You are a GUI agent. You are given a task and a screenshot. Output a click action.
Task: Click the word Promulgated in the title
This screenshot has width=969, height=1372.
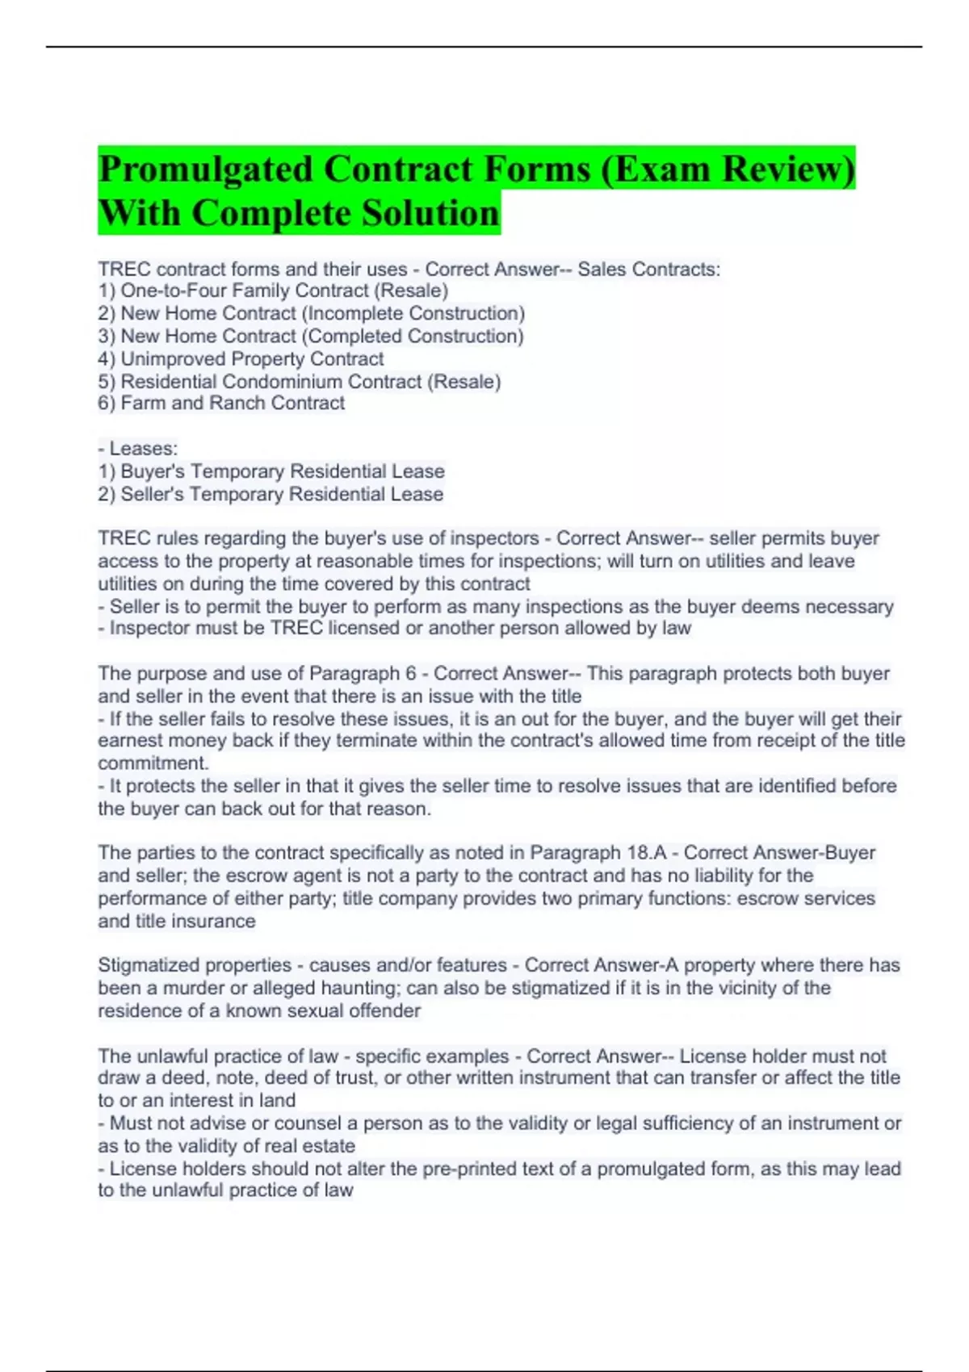[x=205, y=169]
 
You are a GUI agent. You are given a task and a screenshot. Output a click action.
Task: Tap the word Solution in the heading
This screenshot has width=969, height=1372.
[x=430, y=214]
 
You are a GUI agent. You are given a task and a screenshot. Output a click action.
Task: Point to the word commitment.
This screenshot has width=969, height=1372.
[x=153, y=763]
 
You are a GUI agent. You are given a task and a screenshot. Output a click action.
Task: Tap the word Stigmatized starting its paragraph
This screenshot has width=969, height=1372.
[x=154, y=965]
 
